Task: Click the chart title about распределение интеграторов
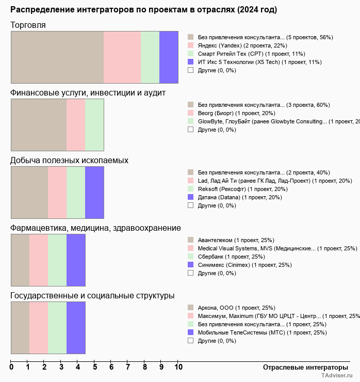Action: (143, 10)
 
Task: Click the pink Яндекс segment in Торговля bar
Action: (122, 57)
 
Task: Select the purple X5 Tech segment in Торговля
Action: (169, 57)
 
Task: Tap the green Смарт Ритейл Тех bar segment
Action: (150, 57)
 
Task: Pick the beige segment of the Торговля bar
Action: (57, 57)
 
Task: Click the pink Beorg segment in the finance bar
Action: (76, 124)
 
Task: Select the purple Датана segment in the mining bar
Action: (94, 193)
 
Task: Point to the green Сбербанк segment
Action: (57, 260)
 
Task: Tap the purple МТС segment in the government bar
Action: (76, 328)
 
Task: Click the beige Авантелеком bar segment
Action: (20, 260)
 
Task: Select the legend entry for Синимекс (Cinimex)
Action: (244, 265)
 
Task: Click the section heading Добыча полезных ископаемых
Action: (69, 161)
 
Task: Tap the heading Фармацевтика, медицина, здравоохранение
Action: (95, 228)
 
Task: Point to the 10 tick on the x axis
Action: (178, 367)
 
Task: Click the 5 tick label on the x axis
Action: (95, 367)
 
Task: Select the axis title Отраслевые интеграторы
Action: (302, 367)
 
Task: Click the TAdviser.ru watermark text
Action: (337, 376)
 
